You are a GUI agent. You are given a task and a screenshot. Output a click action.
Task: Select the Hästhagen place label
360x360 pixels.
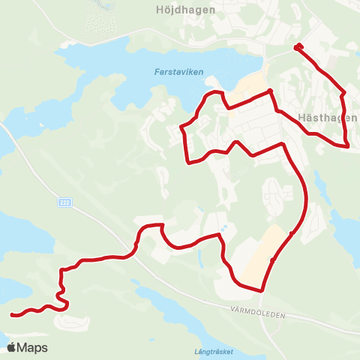pos(327,118)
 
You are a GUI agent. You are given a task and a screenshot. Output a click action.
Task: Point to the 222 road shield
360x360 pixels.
pos(66,203)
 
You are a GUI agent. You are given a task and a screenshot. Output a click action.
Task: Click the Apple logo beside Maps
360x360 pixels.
pos(12,347)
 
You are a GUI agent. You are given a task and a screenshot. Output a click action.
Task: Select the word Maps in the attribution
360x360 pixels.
pos(33,347)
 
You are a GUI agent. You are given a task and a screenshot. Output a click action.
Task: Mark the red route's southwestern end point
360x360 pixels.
pos(12,315)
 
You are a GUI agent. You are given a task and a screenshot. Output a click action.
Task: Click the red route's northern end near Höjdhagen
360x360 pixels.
pos(298,47)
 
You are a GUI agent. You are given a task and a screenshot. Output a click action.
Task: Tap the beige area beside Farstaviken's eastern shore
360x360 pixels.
pos(250,86)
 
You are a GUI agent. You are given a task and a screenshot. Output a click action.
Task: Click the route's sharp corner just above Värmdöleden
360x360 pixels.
pos(263,290)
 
